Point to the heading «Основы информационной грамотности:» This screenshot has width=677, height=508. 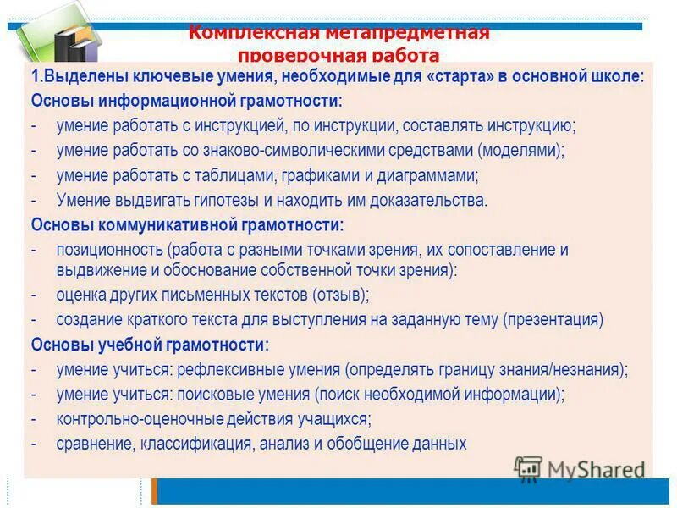click(187, 101)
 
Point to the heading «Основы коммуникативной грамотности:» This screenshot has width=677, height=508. click(187, 225)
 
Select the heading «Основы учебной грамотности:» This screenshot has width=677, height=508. click(150, 345)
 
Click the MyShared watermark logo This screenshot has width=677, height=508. click(580, 469)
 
